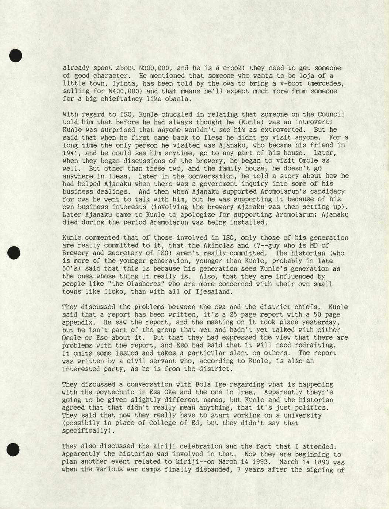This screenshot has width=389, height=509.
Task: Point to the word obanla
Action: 179,99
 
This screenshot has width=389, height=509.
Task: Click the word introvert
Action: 329,122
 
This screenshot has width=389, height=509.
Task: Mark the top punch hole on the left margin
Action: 16,56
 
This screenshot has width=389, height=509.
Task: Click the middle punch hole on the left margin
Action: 14,253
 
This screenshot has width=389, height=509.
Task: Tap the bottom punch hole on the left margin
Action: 13,449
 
